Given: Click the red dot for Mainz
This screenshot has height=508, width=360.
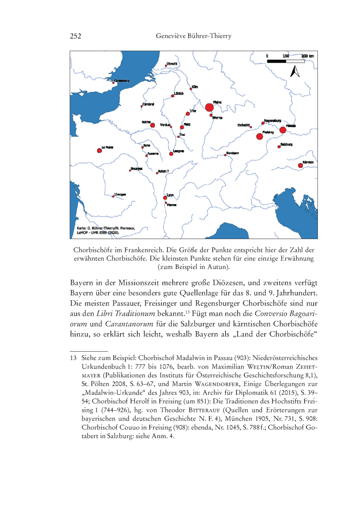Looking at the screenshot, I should pos(209,107).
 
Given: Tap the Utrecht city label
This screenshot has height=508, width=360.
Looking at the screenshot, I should pos(172,64).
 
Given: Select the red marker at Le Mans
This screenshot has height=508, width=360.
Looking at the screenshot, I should pos(99,150).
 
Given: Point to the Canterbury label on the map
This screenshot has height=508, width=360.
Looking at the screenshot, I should pos(121,80).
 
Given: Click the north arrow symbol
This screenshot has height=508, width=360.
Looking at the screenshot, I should pos(295,71).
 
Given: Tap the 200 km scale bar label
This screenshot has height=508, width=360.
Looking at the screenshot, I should pos(308,55).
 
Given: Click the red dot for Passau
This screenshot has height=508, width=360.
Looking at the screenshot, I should pos(282,130).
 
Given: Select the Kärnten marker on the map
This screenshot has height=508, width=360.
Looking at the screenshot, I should pos(300,166).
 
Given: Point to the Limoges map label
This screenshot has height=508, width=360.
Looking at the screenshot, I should pos(120,194).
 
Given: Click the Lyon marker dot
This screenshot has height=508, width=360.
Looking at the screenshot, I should pos(165,197).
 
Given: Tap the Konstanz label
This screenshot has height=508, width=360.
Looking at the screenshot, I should pos(232,153).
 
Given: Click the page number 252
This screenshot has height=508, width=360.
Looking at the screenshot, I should pos(76,36).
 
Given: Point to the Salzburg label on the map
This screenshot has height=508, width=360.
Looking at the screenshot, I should pos(287,144).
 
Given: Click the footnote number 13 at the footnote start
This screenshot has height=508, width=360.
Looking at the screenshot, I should pos(73,357).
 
